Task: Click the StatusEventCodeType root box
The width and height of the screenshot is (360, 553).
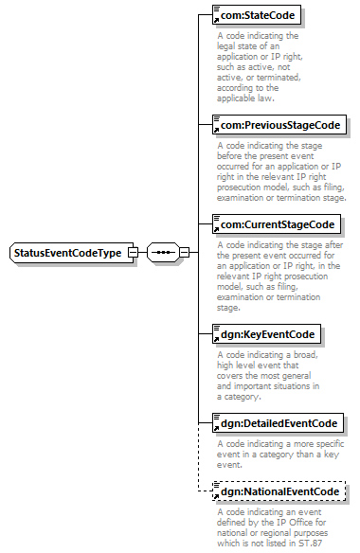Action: click(x=72, y=253)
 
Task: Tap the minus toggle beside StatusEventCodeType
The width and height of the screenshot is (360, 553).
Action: click(x=133, y=253)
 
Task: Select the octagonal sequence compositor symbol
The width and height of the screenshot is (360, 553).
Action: click(x=163, y=253)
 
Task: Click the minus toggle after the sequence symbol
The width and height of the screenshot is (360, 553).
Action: click(x=184, y=253)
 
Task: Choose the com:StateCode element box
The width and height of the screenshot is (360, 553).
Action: click(x=257, y=15)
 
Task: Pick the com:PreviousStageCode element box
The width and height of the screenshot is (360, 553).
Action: click(x=279, y=125)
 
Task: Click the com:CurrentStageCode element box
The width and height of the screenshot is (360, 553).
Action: click(x=277, y=224)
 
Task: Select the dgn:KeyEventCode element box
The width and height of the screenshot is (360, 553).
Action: click(x=266, y=334)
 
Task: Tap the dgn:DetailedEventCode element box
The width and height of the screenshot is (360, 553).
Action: click(x=278, y=423)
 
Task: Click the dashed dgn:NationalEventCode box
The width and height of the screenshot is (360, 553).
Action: click(x=279, y=491)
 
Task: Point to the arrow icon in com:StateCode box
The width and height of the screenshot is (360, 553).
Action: click(x=216, y=20)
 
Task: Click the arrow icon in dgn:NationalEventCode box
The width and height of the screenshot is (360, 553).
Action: click(x=216, y=496)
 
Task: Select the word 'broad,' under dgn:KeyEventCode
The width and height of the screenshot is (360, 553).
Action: click(x=306, y=355)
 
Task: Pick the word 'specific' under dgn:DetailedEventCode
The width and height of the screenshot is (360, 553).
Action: click(x=329, y=444)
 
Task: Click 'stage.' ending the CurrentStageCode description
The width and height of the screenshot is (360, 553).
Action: click(x=228, y=308)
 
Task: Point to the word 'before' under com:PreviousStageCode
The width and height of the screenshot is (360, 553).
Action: click(x=229, y=156)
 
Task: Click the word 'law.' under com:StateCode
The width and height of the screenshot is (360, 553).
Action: click(x=266, y=98)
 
